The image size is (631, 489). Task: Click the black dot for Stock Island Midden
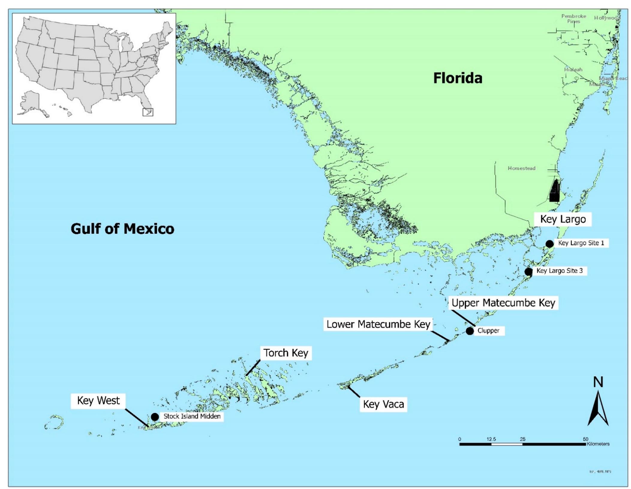point(155,417)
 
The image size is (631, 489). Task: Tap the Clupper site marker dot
point(470,331)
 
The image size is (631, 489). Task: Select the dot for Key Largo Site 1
point(549,244)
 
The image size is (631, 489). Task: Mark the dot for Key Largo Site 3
point(528,272)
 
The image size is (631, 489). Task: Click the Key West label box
point(98,401)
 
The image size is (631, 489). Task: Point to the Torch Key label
point(286,353)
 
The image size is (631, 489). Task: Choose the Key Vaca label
point(383,404)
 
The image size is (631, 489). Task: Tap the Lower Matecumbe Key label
point(378,324)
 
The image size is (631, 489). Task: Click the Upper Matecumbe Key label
point(503,303)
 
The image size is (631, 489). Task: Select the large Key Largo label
point(563,219)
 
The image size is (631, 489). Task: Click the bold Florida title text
point(458,78)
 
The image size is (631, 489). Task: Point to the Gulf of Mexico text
point(122,229)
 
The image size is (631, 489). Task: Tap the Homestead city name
point(521,168)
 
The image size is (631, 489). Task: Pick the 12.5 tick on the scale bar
point(491,439)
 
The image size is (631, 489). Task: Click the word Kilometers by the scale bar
point(598,444)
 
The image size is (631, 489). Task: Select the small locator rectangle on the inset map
point(148,112)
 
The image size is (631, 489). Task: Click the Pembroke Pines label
point(573,19)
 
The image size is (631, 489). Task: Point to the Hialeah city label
point(573,70)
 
